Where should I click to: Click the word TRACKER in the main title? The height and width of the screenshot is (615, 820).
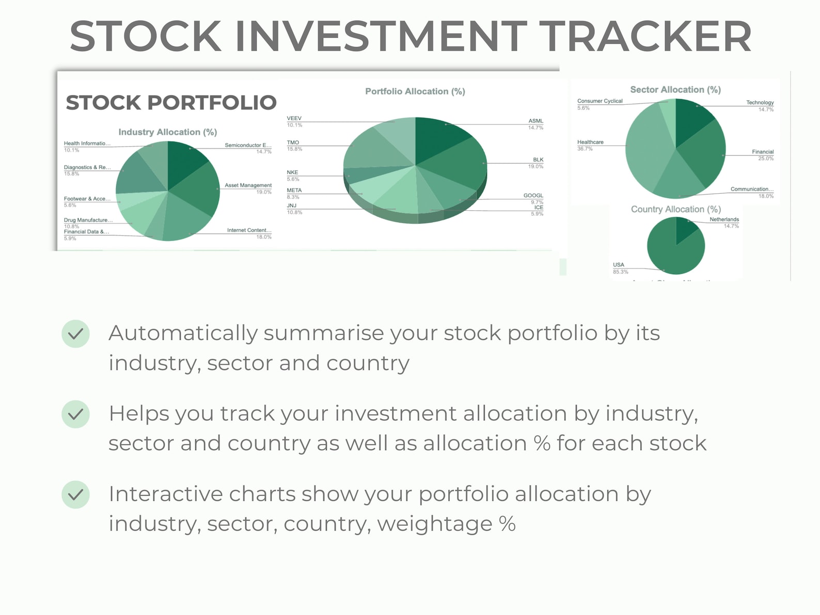coord(648,36)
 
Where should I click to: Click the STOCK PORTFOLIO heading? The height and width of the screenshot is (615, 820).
coord(171,102)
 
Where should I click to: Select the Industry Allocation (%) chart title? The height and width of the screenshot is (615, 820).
coord(167,132)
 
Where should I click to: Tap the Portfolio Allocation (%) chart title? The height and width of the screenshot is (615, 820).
coord(415,91)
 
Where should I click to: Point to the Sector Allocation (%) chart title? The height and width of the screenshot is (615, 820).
coord(675,90)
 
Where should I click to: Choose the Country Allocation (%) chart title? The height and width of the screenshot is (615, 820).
coord(675,209)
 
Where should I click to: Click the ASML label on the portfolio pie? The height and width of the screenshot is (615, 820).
coord(535,121)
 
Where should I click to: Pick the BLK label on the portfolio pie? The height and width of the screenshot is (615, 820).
coord(538,160)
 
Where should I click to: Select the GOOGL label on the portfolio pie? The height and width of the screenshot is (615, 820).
coord(533,196)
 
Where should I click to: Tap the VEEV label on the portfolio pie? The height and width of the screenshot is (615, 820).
coord(294,118)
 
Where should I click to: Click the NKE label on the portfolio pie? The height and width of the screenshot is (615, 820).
coord(292,172)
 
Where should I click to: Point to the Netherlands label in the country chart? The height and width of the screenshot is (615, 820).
coord(724,219)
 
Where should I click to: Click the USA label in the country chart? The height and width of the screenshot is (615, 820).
coord(618,265)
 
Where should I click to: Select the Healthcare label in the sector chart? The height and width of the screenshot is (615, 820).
coord(590,142)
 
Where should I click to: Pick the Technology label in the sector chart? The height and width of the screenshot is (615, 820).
coord(760,103)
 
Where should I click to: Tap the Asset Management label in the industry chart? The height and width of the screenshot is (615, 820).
coord(248,185)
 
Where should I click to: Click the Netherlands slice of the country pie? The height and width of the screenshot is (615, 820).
coord(685,228)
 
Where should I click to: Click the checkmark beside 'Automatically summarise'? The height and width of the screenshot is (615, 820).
coord(75,334)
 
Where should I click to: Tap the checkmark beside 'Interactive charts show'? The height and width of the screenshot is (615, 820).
coord(75,495)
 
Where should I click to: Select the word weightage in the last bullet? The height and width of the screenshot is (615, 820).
coord(434,524)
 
